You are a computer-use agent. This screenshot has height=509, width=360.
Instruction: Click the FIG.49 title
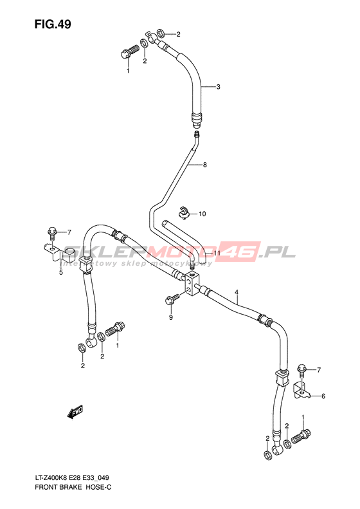tap(53, 24)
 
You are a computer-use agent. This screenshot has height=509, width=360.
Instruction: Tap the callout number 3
tap(219, 87)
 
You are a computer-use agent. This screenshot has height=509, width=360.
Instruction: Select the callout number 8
tap(205, 165)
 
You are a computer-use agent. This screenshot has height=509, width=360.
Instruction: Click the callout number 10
tap(202, 214)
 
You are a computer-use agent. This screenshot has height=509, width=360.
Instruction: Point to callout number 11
tap(217, 253)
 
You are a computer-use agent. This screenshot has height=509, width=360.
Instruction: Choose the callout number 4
tap(237, 292)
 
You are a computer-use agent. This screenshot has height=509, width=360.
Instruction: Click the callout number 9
tap(171, 317)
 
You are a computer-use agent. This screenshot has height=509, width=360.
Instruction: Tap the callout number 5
tap(61, 272)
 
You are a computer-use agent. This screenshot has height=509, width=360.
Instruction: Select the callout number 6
tap(323, 396)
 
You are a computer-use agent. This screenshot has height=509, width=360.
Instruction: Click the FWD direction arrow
tap(75, 412)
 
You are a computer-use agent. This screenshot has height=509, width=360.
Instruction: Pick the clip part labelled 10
tap(184, 213)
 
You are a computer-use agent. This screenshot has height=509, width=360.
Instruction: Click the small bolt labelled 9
tap(172, 299)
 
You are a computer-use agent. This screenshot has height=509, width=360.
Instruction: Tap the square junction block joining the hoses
tap(193, 284)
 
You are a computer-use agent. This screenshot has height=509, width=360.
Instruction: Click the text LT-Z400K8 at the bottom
tap(50, 477)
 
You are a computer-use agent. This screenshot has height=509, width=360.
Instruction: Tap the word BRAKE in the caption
tap(71, 488)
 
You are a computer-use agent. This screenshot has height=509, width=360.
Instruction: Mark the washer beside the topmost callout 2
tap(161, 33)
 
